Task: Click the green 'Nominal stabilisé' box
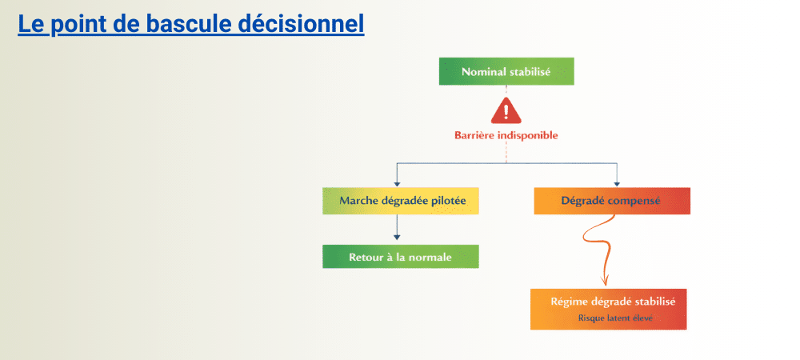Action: pos(506,71)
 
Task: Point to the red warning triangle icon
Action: pos(506,110)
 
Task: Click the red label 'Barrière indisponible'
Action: pos(506,135)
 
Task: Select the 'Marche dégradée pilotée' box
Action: pos(401,201)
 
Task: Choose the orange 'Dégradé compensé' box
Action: pos(612,201)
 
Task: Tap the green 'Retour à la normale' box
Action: pos(401,257)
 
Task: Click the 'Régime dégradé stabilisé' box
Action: pos(609,308)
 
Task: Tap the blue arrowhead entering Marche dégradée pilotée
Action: pos(398,182)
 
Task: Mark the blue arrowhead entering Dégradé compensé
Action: pos(616,182)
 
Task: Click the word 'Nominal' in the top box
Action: pos(484,71)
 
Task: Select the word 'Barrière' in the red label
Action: pos(475,135)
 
